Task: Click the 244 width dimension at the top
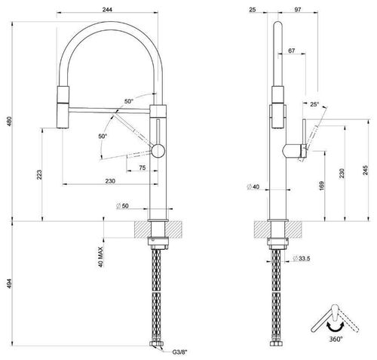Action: click(107, 10)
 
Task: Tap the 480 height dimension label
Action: click(10, 122)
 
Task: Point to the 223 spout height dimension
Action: click(39, 174)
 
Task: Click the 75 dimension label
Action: click(143, 168)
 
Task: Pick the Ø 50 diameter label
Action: click(122, 206)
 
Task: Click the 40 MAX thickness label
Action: click(100, 257)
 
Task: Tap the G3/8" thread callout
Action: click(180, 352)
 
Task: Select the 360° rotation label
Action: click(336, 339)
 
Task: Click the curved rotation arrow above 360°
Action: click(336, 327)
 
